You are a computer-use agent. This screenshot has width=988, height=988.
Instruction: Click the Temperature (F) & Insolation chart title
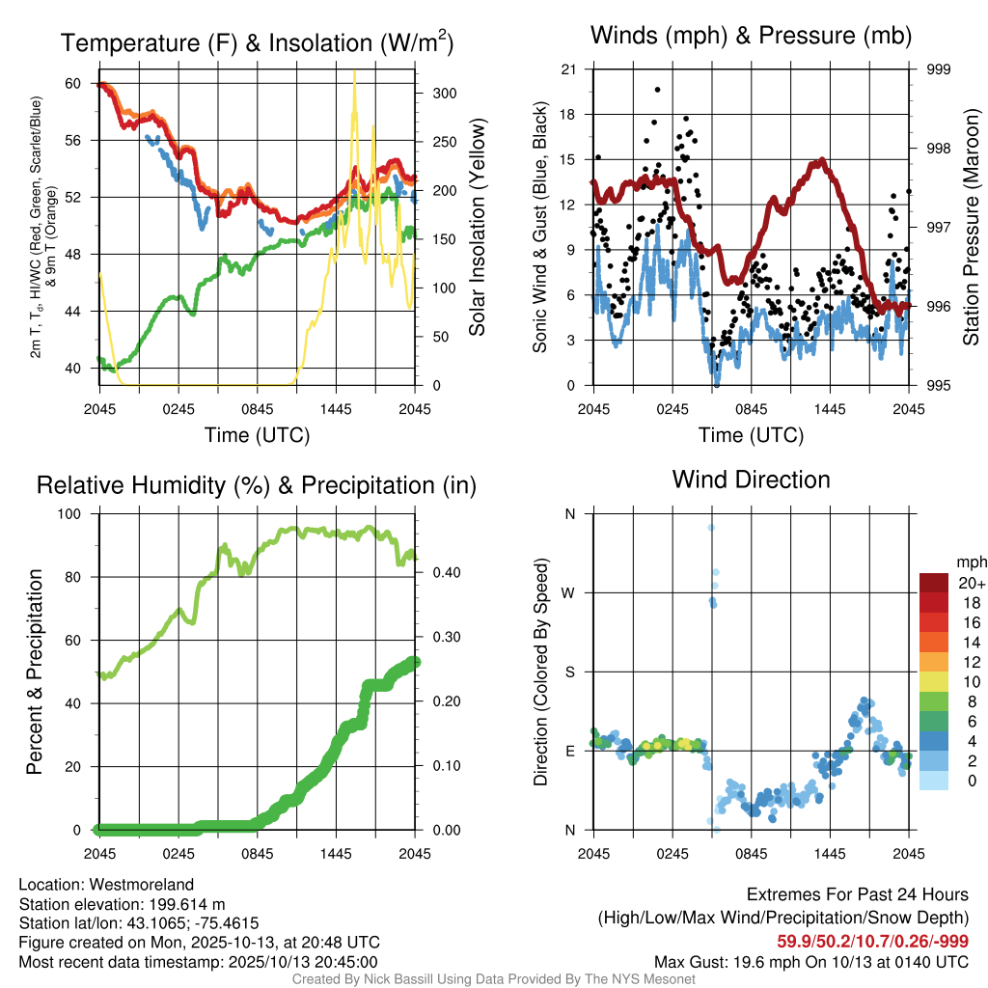pos(257,42)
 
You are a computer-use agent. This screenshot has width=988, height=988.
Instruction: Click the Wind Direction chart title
pos(751,480)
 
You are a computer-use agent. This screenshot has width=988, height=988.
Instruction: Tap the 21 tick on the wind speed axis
pos(568,69)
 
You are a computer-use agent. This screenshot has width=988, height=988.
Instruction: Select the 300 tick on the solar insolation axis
pos(444,94)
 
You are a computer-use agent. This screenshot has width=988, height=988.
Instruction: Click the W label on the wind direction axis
pos(568,592)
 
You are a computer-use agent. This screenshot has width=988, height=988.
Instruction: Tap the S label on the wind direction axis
pos(569,672)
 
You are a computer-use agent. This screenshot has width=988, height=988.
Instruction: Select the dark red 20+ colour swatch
pos(933,583)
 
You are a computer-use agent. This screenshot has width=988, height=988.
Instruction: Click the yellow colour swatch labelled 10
pos(933,681)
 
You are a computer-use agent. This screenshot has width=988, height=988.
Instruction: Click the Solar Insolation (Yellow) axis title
pos(477,228)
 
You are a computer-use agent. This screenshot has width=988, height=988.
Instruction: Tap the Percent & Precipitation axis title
pos(35,672)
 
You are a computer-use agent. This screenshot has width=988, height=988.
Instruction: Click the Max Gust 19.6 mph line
pos(810,962)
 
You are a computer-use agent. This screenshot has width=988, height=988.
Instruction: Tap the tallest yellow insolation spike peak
pos(354,71)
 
